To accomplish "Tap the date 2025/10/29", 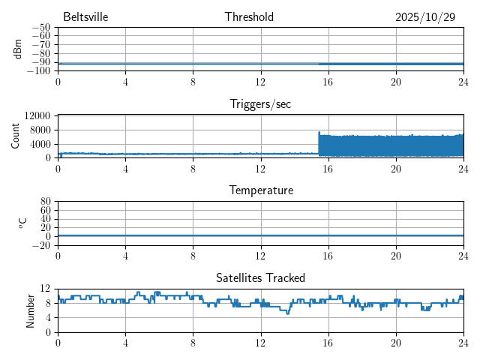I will (x=425, y=17).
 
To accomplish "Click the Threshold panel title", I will (x=249, y=17).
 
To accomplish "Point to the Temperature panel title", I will (x=260, y=190).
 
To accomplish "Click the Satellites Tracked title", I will (x=260, y=277).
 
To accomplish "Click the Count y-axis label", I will (x=16, y=136).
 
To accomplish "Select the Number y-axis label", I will (x=31, y=310).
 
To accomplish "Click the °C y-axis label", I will (x=22, y=223).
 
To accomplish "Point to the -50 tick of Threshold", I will (x=41, y=28).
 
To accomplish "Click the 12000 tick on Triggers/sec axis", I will (x=37, y=115).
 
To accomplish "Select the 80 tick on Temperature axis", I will (x=45, y=202).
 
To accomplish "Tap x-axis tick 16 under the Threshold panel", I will (x=328, y=82).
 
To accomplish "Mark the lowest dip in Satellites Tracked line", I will (x=287, y=313).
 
